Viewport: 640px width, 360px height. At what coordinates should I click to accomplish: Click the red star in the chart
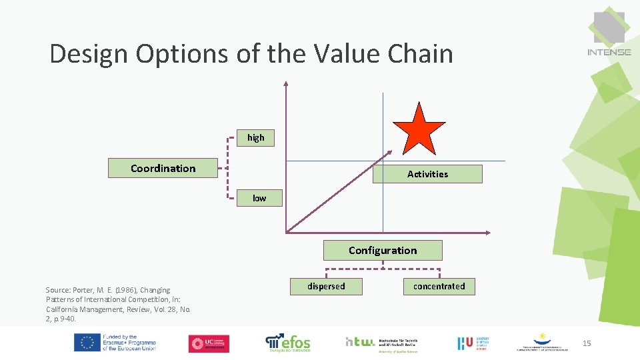419,131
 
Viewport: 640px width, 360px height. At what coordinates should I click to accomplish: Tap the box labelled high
256,138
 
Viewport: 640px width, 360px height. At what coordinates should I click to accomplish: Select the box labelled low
259,198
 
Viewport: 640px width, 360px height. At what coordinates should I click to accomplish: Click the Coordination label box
163,168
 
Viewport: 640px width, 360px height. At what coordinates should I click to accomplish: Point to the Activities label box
427,174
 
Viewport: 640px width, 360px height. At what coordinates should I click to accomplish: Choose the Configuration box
383,251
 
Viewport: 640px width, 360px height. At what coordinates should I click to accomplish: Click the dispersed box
326,287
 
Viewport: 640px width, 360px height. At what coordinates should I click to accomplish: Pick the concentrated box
439,287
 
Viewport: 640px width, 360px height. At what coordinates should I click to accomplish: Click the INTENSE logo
609,33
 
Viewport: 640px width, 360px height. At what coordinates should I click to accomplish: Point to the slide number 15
587,343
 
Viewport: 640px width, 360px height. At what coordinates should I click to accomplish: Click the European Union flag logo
87,343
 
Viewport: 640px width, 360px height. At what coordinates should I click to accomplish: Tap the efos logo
288,343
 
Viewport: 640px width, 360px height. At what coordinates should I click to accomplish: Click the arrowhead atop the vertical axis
285,84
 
